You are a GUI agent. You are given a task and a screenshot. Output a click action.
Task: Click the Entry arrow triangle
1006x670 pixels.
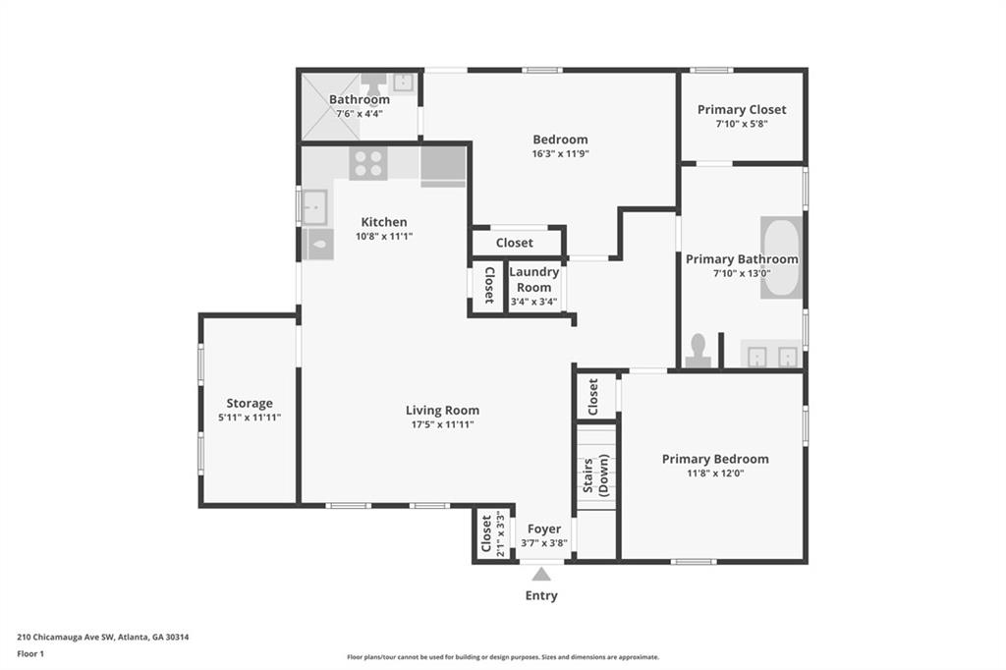pyautogui.click(x=541, y=574)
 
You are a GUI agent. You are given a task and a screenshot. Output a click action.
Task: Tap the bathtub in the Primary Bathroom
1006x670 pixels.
pyautogui.click(x=781, y=257)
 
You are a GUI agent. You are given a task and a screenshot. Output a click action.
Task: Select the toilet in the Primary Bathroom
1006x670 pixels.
pyautogui.click(x=699, y=351)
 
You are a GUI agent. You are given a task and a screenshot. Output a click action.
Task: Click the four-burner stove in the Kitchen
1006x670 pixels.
pyautogui.click(x=368, y=163)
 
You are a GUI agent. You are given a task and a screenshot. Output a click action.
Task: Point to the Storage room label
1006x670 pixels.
pyautogui.click(x=250, y=403)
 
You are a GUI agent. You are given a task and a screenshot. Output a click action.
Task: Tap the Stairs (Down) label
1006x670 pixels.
pyautogui.click(x=595, y=475)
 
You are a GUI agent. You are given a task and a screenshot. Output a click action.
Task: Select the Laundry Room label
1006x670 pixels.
pyautogui.click(x=534, y=279)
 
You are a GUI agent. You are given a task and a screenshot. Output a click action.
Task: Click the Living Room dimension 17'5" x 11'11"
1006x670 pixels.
pyautogui.click(x=442, y=425)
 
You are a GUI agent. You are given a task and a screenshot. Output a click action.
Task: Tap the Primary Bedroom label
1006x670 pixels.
pyautogui.click(x=714, y=459)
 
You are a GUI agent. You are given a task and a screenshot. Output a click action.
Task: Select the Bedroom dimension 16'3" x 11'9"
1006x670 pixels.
pyautogui.click(x=560, y=154)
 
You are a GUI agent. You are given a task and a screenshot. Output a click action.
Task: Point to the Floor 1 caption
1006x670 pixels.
pyautogui.click(x=30, y=653)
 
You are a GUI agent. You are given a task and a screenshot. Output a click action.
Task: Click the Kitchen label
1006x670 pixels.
pyautogui.click(x=383, y=222)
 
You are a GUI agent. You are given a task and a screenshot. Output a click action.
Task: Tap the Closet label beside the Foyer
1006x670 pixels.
pyautogui.click(x=486, y=534)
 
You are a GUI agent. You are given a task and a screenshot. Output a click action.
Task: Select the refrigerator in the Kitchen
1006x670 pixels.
pyautogui.click(x=443, y=165)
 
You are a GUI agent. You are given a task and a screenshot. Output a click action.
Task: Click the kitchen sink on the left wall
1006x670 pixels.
pyautogui.click(x=315, y=207)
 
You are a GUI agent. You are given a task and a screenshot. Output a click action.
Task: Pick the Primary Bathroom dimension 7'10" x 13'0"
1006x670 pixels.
pyautogui.click(x=742, y=274)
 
